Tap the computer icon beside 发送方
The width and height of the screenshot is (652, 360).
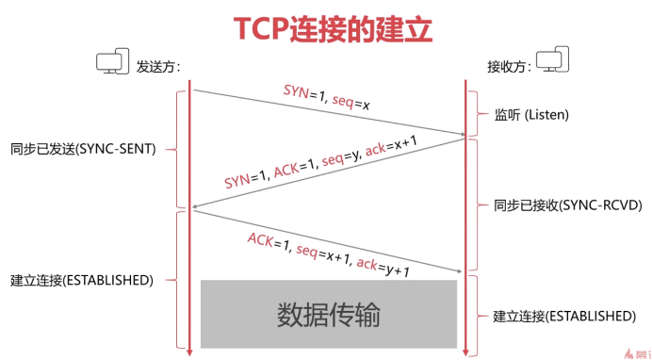pos(112,63)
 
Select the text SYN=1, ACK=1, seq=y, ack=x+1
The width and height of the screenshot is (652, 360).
pos(320,161)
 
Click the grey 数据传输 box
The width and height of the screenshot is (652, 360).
pos(328,314)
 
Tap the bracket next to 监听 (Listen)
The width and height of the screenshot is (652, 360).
pos(478,114)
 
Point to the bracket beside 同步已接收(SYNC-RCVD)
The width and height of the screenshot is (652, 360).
pos(478,205)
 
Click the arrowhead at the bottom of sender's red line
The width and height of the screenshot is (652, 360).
pos(189,352)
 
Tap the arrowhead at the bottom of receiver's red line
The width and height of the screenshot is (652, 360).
pos(465,352)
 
